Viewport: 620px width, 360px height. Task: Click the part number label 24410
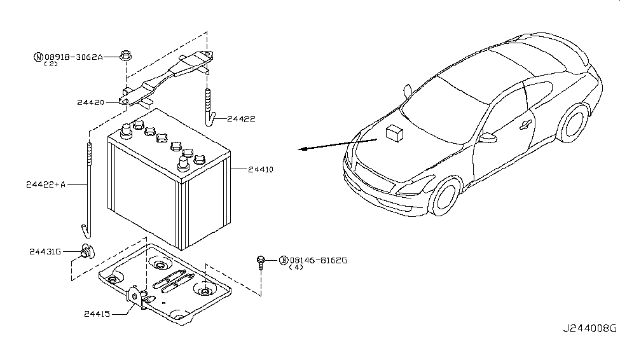pyautogui.click(x=261, y=170)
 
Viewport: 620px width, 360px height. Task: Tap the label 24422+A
pyautogui.click(x=46, y=184)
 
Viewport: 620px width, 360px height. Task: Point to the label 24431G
pyautogui.click(x=45, y=251)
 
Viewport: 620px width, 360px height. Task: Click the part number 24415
pyautogui.click(x=96, y=313)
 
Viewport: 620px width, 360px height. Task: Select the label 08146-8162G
pyautogui.click(x=319, y=260)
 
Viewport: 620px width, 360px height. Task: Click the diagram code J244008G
pyautogui.click(x=589, y=329)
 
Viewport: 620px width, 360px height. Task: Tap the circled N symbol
pyautogui.click(x=38, y=57)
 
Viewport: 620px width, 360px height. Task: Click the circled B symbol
pyautogui.click(x=282, y=260)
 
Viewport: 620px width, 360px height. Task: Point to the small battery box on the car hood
pyautogui.click(x=396, y=132)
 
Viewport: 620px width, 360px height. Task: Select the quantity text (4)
pyautogui.click(x=296, y=268)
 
